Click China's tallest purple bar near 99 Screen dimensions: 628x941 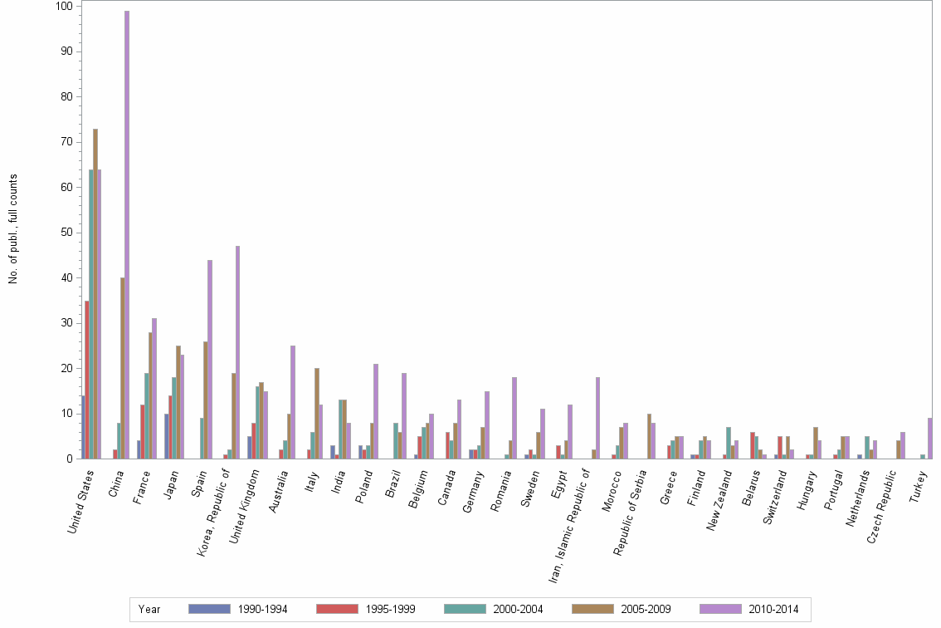pos(127,234)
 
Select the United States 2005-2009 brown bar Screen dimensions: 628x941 pos(95,293)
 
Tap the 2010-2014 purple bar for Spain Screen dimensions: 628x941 pos(210,359)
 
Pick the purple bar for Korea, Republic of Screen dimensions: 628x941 pos(237,352)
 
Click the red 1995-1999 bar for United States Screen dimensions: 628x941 pos(87,380)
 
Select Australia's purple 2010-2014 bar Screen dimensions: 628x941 pos(293,402)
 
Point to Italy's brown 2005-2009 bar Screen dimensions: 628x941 pos(317,413)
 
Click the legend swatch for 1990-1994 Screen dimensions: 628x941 pos(209,609)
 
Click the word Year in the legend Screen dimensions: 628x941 pos(150,610)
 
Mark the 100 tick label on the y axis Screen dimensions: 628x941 pos(64,7)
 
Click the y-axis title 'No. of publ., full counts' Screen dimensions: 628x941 pos(13,229)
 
